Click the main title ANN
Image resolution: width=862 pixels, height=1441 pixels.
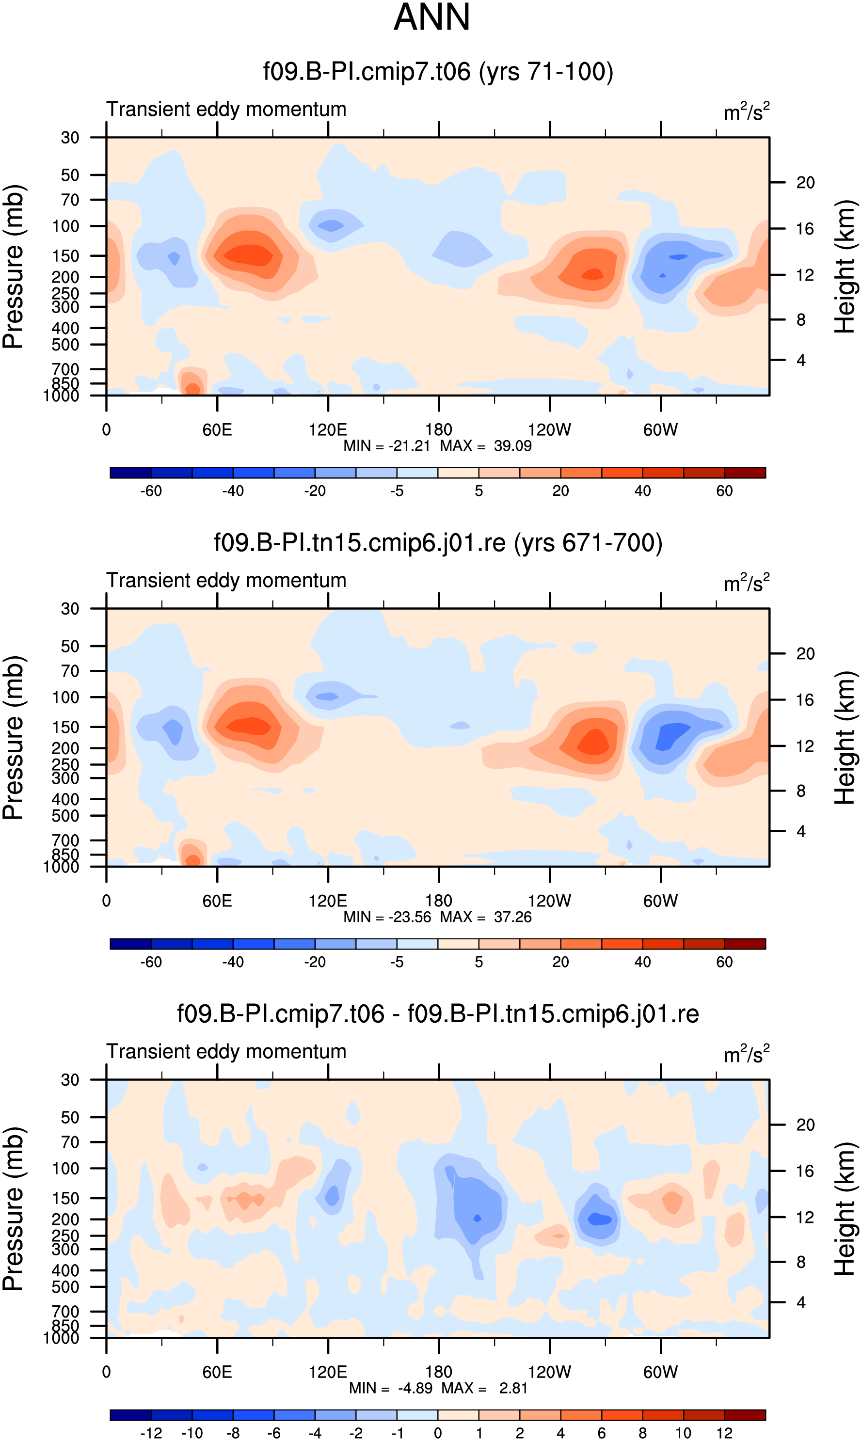pyautogui.click(x=431, y=17)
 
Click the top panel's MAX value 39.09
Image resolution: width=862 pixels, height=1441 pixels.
pyautogui.click(x=512, y=446)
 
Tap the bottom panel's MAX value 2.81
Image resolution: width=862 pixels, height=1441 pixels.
pyautogui.click(x=513, y=1388)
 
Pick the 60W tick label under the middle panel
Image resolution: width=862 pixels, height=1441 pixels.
pyautogui.click(x=660, y=901)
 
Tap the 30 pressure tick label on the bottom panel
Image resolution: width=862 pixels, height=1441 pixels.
pyautogui.click(x=70, y=1080)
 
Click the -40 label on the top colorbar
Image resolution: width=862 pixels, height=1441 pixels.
pyautogui.click(x=233, y=491)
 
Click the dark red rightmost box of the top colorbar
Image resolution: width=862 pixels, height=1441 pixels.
pyautogui.click(x=745, y=473)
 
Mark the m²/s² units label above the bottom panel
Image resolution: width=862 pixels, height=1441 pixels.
pyautogui.click(x=747, y=1053)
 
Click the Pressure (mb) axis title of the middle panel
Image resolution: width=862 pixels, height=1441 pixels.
pyautogui.click(x=13, y=737)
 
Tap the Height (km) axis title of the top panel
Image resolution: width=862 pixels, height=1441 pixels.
pyautogui.click(x=845, y=267)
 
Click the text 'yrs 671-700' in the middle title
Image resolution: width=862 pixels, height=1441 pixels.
pyautogui.click(x=588, y=543)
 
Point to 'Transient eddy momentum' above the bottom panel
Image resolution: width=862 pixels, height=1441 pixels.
pyautogui.click(x=226, y=1051)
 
